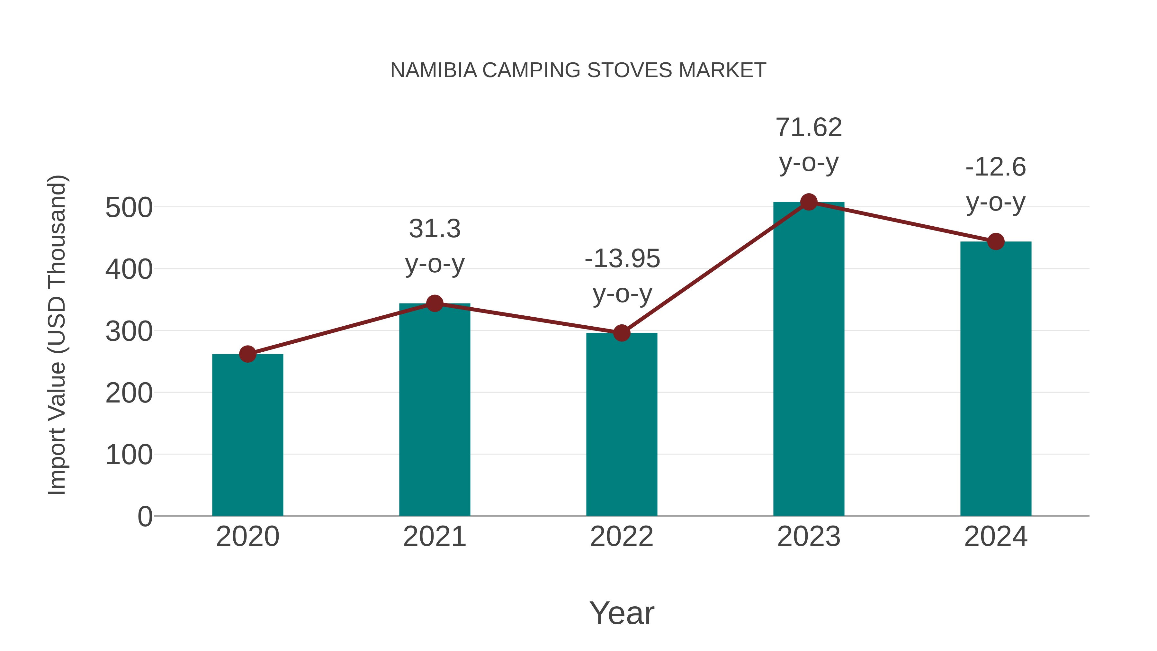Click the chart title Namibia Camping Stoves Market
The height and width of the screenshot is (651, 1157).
pos(578,70)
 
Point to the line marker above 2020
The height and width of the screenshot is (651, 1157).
pos(247,354)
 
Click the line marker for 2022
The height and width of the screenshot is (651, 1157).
pos(622,333)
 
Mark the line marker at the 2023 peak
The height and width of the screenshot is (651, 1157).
pos(809,202)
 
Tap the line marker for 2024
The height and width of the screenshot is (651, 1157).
pos(996,242)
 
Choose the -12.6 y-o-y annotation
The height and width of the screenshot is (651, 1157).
pos(996,184)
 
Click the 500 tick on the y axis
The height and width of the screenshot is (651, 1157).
pos(129,208)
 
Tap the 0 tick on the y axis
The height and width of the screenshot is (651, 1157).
pos(145,516)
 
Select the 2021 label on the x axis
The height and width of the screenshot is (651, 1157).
pos(434,537)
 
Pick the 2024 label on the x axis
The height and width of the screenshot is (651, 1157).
pos(996,537)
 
